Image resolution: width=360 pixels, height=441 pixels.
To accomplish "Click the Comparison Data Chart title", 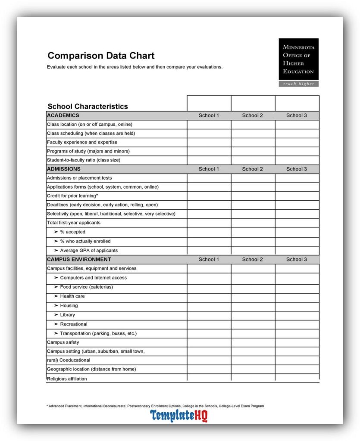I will pyautogui.click(x=101, y=56).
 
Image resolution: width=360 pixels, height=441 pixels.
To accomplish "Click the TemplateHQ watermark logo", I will pyautogui.click(x=179, y=416).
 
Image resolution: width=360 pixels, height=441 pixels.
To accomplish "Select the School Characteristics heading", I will pyautogui.click(x=88, y=106).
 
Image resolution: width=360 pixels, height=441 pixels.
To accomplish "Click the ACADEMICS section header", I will pyautogui.click(x=63, y=115).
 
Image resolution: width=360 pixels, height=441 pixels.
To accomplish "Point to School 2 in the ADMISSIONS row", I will pyautogui.click(x=252, y=169).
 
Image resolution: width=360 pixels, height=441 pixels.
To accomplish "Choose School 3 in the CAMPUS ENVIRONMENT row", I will pyautogui.click(x=297, y=260).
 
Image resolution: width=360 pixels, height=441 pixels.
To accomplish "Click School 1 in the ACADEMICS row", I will pyautogui.click(x=209, y=115).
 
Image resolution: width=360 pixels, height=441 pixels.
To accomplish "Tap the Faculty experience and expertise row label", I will pyautogui.click(x=82, y=142).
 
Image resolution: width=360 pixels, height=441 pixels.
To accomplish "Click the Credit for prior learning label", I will pyautogui.click(x=72, y=196).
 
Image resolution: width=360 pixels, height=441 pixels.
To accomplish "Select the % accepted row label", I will pyautogui.click(x=72, y=232).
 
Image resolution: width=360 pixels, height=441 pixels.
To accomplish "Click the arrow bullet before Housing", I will pyautogui.click(x=56, y=306).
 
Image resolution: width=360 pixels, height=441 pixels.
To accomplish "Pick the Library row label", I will pyautogui.click(x=67, y=315).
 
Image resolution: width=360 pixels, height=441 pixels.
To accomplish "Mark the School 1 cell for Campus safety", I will pyautogui.click(x=209, y=342).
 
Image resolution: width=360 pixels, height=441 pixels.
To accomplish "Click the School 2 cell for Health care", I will pyautogui.click(x=253, y=296).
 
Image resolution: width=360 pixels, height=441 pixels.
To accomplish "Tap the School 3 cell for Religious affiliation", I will pyautogui.click(x=297, y=378).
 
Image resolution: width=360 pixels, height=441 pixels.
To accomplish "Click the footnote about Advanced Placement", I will pyautogui.click(x=155, y=406).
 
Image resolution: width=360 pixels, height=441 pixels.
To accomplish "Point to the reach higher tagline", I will pyautogui.click(x=298, y=84).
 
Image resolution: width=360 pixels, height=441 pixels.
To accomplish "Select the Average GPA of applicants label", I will pyautogui.click(x=88, y=251).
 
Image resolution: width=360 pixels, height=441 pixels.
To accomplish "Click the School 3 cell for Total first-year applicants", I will pyautogui.click(x=297, y=223).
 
